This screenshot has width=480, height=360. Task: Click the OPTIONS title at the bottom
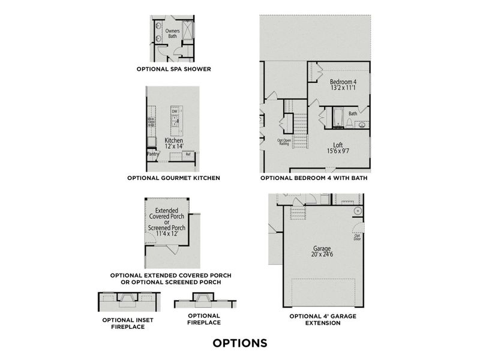(239, 343)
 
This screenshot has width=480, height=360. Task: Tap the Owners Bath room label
(173, 33)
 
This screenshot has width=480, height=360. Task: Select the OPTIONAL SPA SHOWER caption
(173, 69)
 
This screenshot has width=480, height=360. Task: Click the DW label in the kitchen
(175, 111)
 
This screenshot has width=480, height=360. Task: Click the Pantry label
(152, 154)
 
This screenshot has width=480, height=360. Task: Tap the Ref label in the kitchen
(188, 154)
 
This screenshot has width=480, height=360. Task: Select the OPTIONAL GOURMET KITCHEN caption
(173, 178)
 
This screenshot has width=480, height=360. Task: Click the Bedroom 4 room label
(343, 82)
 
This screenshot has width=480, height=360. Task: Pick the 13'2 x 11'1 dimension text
(343, 88)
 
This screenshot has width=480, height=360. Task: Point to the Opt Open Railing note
(284, 142)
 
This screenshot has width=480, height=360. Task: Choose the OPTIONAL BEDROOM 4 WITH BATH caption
(314, 178)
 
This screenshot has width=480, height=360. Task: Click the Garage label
(322, 248)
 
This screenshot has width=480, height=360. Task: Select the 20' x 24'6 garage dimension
(322, 254)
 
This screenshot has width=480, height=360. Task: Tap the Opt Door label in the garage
(357, 237)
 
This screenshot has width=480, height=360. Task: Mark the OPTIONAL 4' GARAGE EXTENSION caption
(315, 319)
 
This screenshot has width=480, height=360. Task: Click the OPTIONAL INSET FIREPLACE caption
(127, 323)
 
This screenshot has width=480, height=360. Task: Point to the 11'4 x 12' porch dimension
(167, 235)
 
